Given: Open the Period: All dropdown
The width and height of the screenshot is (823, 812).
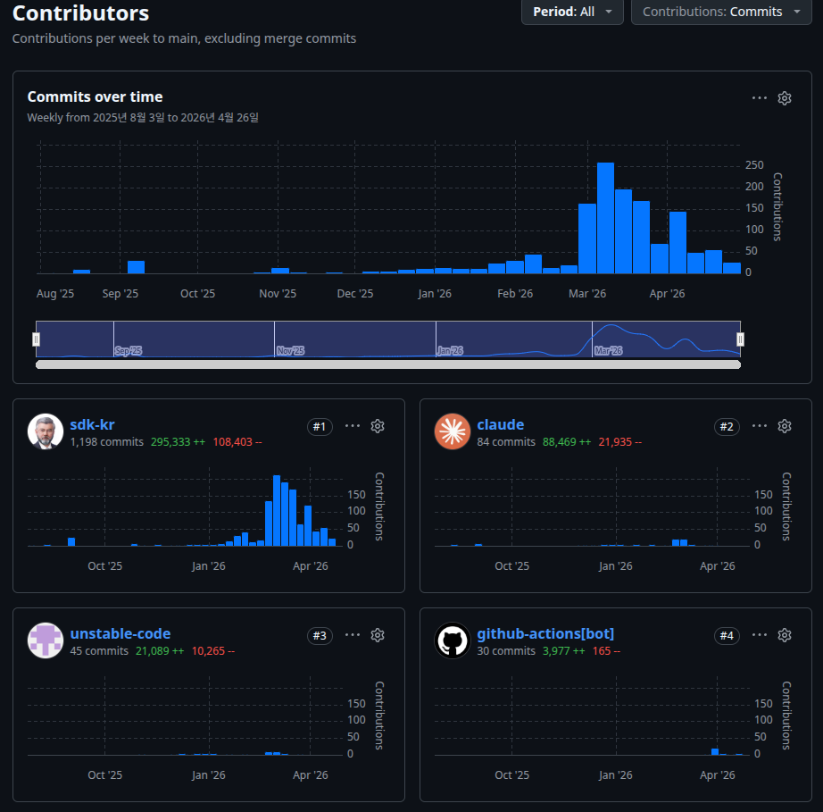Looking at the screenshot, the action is [x=572, y=12].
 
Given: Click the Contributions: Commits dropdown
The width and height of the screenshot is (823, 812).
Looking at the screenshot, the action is [x=721, y=12].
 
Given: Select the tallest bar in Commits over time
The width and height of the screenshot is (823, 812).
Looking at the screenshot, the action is [x=605, y=218].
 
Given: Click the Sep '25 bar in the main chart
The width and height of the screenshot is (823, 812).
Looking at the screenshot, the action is [x=136, y=267].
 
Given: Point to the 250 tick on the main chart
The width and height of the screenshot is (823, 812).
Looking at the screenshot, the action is [x=754, y=165].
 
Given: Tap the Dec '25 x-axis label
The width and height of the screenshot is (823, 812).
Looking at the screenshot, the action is [x=354, y=294].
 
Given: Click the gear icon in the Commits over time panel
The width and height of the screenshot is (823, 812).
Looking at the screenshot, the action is [x=784, y=98].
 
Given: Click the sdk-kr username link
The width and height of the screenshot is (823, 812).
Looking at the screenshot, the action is [x=92, y=424].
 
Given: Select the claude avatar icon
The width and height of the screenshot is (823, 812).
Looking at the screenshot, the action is [x=453, y=431].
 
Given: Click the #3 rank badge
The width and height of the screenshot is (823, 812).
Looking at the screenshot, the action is [x=320, y=635].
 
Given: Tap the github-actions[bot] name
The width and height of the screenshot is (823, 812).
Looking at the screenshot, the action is [x=545, y=633].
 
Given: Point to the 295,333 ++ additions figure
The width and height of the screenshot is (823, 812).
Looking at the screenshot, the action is [x=178, y=441].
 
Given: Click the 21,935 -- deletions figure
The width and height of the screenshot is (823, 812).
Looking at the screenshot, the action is [x=619, y=441].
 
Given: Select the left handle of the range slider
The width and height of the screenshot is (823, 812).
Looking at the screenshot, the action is [x=37, y=339].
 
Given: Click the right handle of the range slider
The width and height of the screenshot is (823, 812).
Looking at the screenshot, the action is [x=740, y=339].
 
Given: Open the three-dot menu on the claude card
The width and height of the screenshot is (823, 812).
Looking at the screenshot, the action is [x=759, y=426].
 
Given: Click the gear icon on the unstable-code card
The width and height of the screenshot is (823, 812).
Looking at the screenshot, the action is [x=378, y=635].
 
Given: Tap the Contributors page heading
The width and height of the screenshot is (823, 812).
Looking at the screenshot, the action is [x=81, y=13].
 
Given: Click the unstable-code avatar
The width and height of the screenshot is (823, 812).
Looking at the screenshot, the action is [x=46, y=640].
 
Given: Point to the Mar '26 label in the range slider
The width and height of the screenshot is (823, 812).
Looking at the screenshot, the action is [x=609, y=350].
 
